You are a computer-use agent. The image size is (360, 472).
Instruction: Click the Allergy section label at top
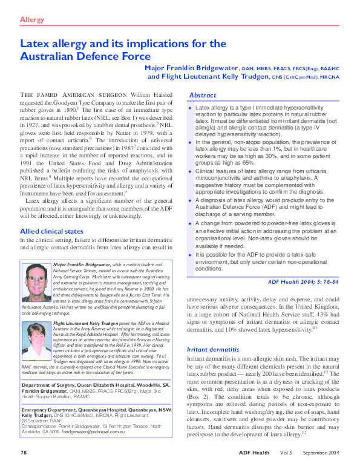click(x=33, y=20)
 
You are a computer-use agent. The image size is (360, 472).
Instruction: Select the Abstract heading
click(x=203, y=96)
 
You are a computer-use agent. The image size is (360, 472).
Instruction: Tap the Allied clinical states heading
click(x=53, y=231)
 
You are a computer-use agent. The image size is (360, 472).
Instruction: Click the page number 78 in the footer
click(x=24, y=452)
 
